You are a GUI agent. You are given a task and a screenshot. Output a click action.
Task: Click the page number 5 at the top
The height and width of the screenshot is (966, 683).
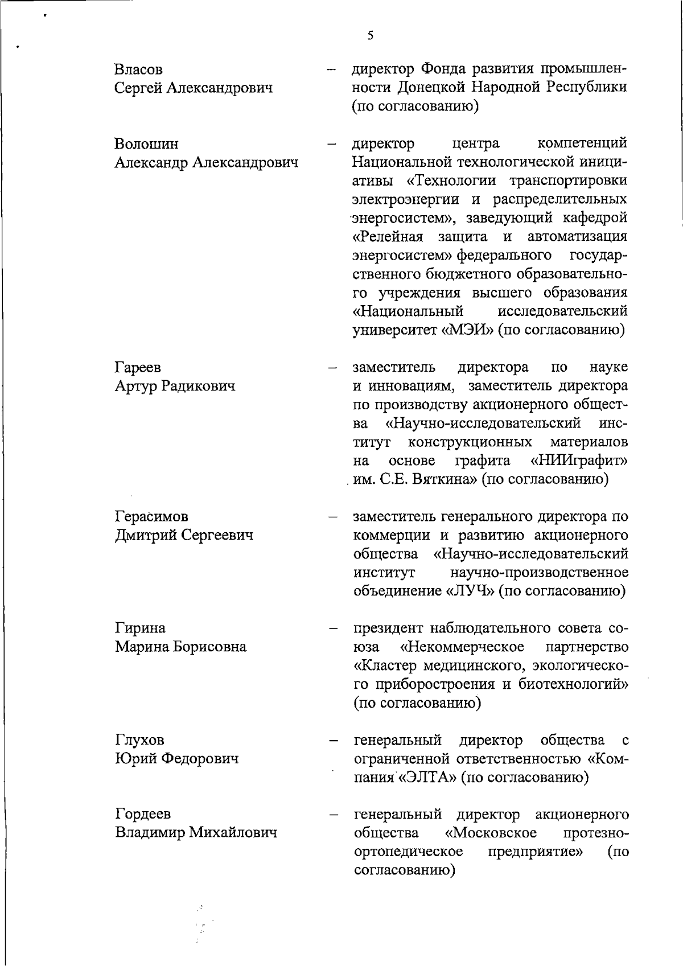370,35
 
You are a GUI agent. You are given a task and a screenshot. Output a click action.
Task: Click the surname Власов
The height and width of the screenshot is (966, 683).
138,69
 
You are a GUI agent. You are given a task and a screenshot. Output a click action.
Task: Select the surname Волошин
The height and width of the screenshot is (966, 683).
146,144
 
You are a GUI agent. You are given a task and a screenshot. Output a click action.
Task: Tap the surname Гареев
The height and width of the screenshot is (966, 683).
138,368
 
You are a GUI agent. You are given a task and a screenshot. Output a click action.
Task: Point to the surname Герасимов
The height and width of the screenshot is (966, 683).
151,517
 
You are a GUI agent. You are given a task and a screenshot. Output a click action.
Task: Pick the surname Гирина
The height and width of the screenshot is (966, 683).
140,628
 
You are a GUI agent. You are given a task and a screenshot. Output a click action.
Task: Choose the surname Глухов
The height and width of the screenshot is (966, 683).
139,740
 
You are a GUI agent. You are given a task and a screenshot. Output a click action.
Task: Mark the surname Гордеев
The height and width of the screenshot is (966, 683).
142,814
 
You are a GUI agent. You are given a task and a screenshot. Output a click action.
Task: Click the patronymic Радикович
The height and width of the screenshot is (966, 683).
199,387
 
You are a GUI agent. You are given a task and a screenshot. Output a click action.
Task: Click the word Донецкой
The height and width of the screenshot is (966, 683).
429,88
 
